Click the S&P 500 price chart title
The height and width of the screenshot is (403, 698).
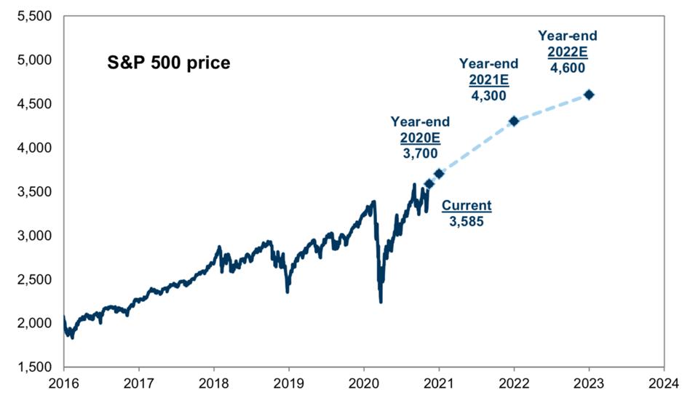click(169, 63)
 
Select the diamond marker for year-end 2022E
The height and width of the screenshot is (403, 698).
click(589, 95)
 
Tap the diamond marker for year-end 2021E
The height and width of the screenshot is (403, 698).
click(514, 121)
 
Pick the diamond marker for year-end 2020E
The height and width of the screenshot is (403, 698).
click(439, 173)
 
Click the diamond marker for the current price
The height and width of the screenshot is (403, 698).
click(429, 184)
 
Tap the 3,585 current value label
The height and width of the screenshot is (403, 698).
click(467, 221)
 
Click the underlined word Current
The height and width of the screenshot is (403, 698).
click(467, 206)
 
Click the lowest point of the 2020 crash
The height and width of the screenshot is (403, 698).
click(381, 302)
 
